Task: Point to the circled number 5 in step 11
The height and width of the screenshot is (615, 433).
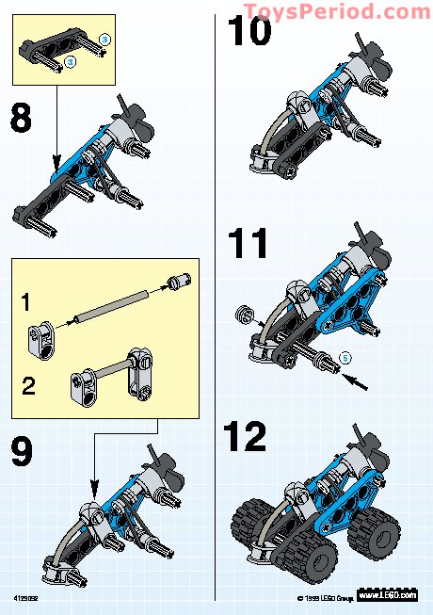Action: [345, 357]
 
